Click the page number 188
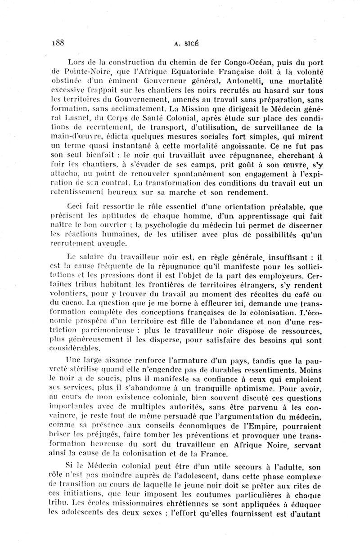(57, 44)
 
